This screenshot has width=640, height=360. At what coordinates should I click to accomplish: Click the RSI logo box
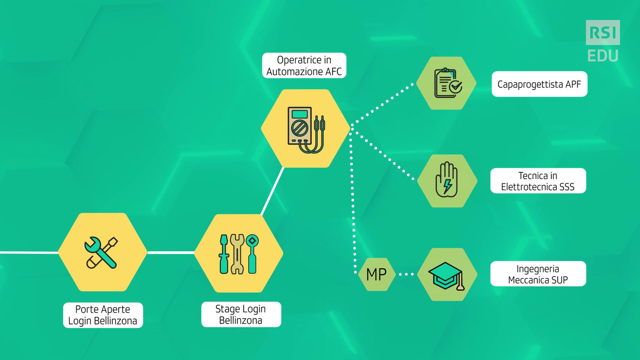click(x=603, y=32)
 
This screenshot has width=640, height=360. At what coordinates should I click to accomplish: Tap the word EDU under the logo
click(x=603, y=56)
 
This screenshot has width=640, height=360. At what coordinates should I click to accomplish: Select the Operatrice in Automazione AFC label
click(x=304, y=65)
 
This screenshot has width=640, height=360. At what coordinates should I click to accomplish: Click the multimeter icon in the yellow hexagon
click(x=306, y=130)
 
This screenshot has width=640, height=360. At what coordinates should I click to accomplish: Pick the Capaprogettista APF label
click(x=540, y=84)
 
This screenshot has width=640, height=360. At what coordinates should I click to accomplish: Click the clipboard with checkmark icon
click(x=448, y=83)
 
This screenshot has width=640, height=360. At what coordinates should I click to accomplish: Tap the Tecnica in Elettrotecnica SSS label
click(x=538, y=180)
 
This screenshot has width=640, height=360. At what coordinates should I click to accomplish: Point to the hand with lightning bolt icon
click(x=446, y=180)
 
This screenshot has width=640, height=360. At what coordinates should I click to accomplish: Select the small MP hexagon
click(x=376, y=274)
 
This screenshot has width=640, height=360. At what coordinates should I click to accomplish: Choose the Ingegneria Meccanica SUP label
click(x=538, y=274)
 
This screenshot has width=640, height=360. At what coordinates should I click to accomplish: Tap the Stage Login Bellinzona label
click(x=241, y=314)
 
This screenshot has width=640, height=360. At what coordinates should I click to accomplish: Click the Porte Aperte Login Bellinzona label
click(x=103, y=315)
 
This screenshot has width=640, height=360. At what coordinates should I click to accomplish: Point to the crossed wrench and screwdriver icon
click(x=101, y=253)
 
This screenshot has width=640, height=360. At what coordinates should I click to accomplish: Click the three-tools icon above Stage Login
click(x=238, y=254)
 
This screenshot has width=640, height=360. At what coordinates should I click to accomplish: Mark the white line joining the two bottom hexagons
click(x=170, y=253)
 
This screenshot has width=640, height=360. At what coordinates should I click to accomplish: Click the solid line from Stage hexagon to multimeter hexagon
click(x=273, y=191)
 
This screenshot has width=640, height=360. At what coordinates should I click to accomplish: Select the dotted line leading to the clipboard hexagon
click(x=382, y=104)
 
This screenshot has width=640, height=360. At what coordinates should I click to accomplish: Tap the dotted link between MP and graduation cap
click(x=406, y=274)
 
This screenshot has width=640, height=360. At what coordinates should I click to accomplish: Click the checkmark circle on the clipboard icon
click(x=456, y=86)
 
